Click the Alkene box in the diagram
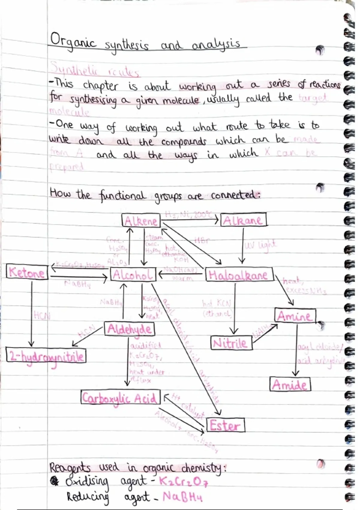(x=141, y=221)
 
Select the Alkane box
(x=243, y=220)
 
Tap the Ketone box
(x=27, y=273)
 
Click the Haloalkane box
(x=239, y=275)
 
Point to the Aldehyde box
(x=130, y=329)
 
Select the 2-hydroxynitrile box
(x=46, y=356)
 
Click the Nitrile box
(x=231, y=343)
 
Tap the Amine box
(x=295, y=316)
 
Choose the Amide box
(x=290, y=385)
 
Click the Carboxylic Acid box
(x=120, y=398)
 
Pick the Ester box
(x=226, y=425)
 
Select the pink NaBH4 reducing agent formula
(x=182, y=497)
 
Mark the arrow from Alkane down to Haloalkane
(x=242, y=245)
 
